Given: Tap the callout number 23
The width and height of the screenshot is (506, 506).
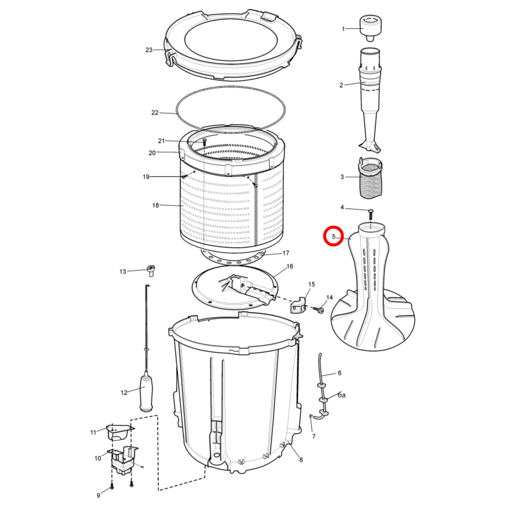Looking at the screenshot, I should (149, 50).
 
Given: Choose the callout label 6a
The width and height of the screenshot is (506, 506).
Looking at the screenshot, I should (342, 395).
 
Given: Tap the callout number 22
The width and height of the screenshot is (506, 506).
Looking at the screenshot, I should (155, 112).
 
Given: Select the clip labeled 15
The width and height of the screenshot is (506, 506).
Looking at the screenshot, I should (297, 305).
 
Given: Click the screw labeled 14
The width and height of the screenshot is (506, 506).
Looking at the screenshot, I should (320, 310).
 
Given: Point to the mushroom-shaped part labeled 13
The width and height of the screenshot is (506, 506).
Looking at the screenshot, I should (151, 270).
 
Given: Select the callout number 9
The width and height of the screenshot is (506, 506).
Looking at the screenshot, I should (98, 495).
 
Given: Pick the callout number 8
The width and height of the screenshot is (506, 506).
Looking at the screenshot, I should (301, 460).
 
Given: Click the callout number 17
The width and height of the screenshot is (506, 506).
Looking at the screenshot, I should (286, 253).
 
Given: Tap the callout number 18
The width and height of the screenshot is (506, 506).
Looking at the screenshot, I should (155, 205).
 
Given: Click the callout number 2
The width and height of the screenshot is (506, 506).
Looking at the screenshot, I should (341, 85).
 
